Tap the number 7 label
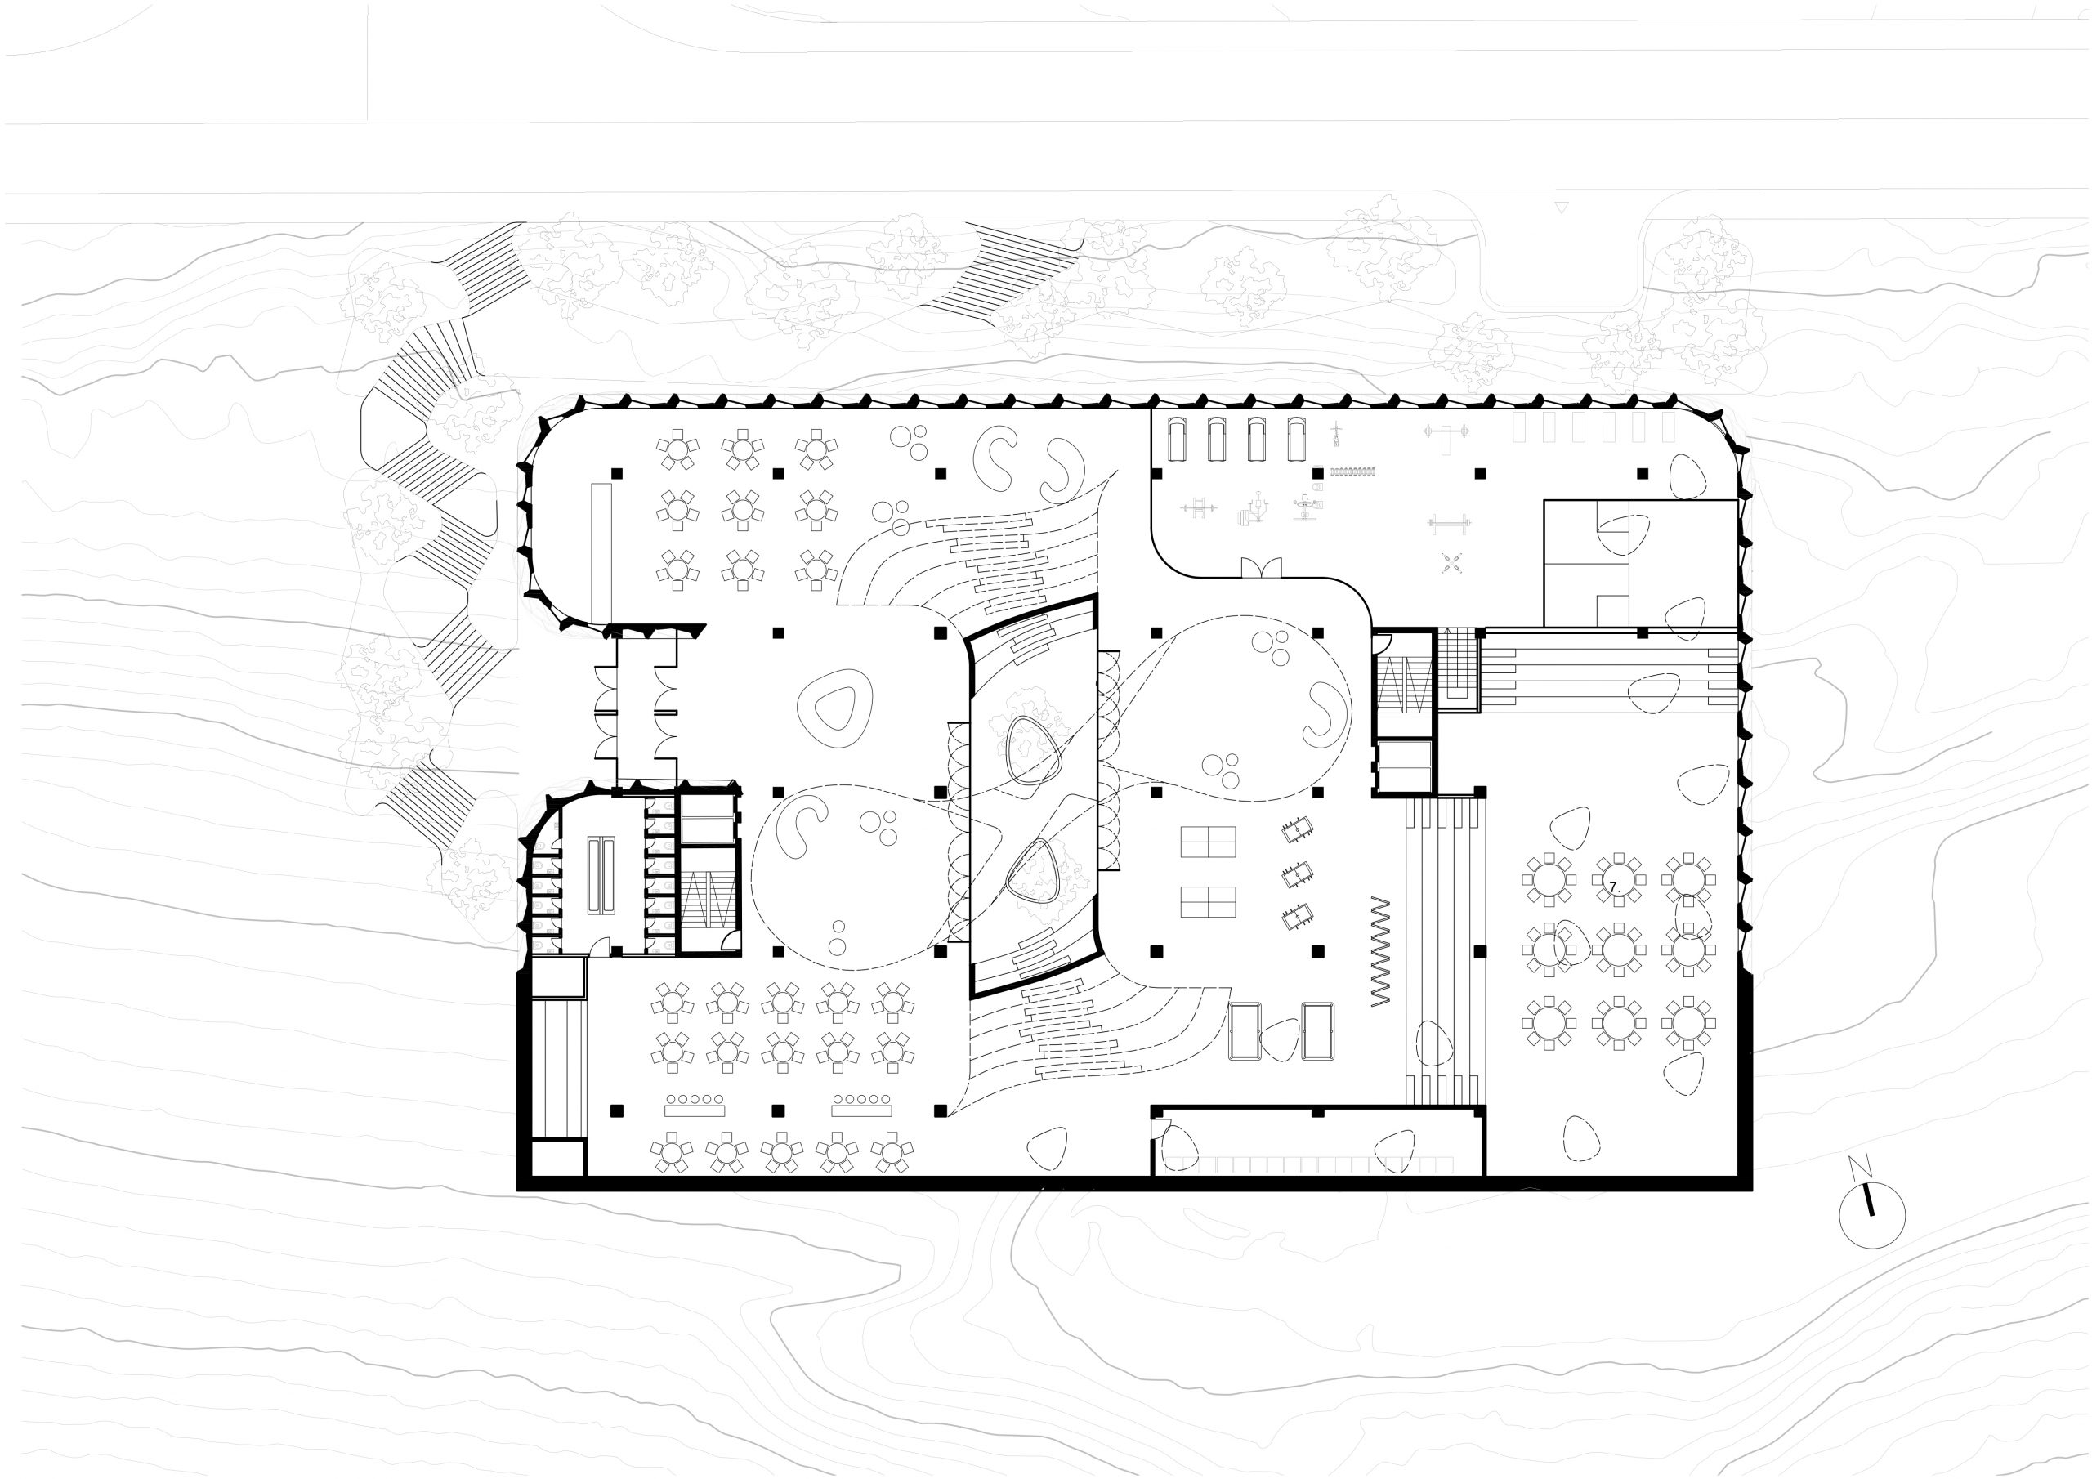point(1614,887)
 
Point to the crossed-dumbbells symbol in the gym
point(1451,562)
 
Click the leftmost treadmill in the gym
point(1178,440)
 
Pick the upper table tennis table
point(1208,841)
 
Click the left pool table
point(1245,1030)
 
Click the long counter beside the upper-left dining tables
point(601,553)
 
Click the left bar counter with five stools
point(695,1106)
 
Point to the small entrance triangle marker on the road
point(1562,208)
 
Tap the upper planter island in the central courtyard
point(1033,749)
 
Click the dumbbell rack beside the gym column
point(1352,472)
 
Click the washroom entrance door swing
point(600,947)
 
